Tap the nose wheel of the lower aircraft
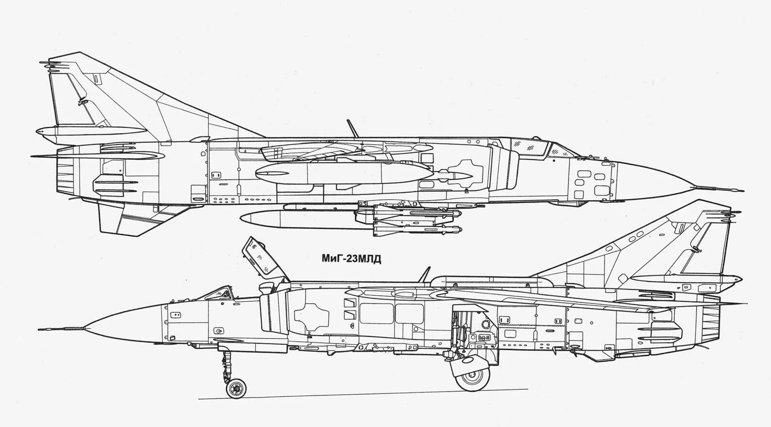pyautogui.click(x=236, y=388)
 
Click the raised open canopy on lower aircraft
pyautogui.click(x=262, y=256)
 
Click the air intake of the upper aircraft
pyautogui.click(x=505, y=168)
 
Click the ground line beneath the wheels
pyautogui.click(x=364, y=394)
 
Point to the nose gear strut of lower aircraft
pyautogui.click(x=226, y=364)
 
